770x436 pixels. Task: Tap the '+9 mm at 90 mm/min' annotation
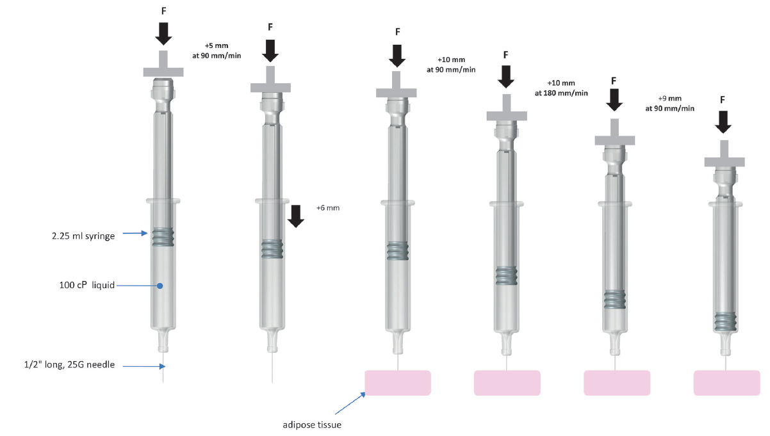point(669,103)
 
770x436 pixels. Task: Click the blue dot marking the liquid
point(160,286)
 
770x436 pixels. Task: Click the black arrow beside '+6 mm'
point(295,216)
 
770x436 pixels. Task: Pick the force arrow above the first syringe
point(163,33)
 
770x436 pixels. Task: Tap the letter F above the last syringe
point(723,100)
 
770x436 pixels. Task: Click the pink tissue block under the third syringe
point(398,382)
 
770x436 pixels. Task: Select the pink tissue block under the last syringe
point(726,382)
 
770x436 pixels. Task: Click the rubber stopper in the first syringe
point(163,238)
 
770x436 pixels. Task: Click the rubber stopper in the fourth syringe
point(507,276)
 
